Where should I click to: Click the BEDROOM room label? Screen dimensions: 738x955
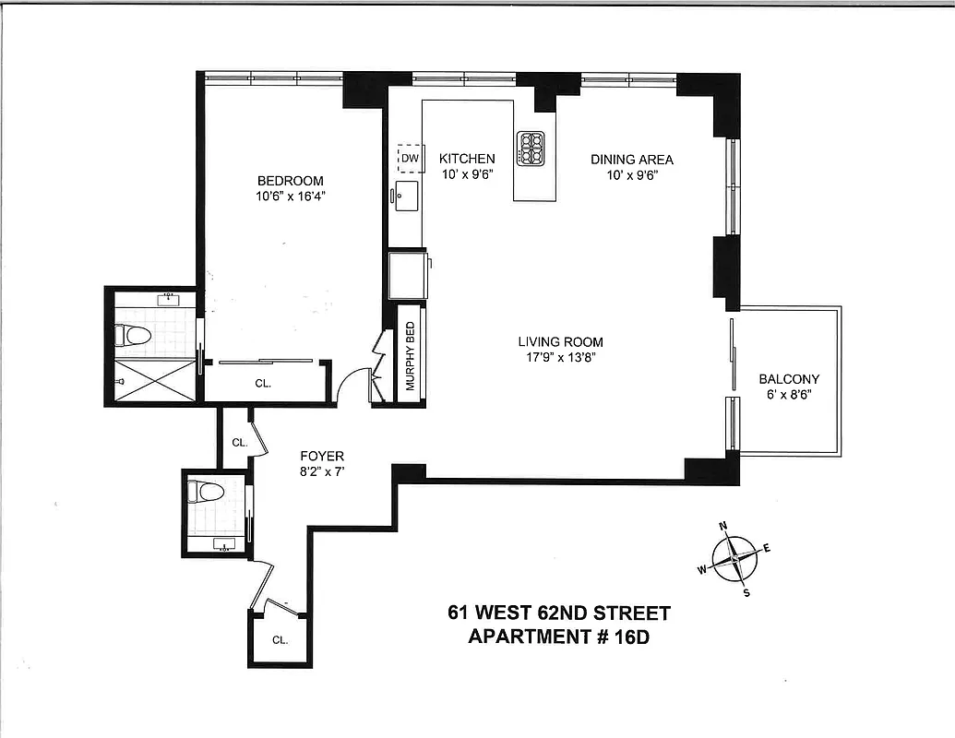pos(290,181)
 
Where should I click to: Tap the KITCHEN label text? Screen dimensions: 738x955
pos(466,159)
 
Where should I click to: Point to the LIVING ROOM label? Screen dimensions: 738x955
pos(560,342)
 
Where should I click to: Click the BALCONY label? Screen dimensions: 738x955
pos(788,379)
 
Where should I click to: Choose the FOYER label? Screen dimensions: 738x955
pos(322,456)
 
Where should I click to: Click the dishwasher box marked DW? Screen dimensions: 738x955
pos(410,159)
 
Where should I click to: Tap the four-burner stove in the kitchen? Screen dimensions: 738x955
pos(531,149)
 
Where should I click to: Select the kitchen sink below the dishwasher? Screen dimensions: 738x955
pos(407,195)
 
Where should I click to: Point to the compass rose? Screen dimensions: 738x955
pos(734,560)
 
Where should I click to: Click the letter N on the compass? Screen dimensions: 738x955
pos(723,527)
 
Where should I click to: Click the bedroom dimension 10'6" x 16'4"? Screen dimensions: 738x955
pos(290,196)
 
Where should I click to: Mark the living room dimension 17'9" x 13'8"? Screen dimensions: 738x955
pos(560,358)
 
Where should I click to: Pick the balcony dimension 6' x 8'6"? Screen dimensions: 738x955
pos(788,395)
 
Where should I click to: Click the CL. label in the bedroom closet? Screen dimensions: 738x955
pos(262,384)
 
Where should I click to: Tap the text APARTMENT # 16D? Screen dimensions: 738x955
pos(559,637)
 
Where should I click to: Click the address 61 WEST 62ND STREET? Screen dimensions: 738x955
pos(559,613)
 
